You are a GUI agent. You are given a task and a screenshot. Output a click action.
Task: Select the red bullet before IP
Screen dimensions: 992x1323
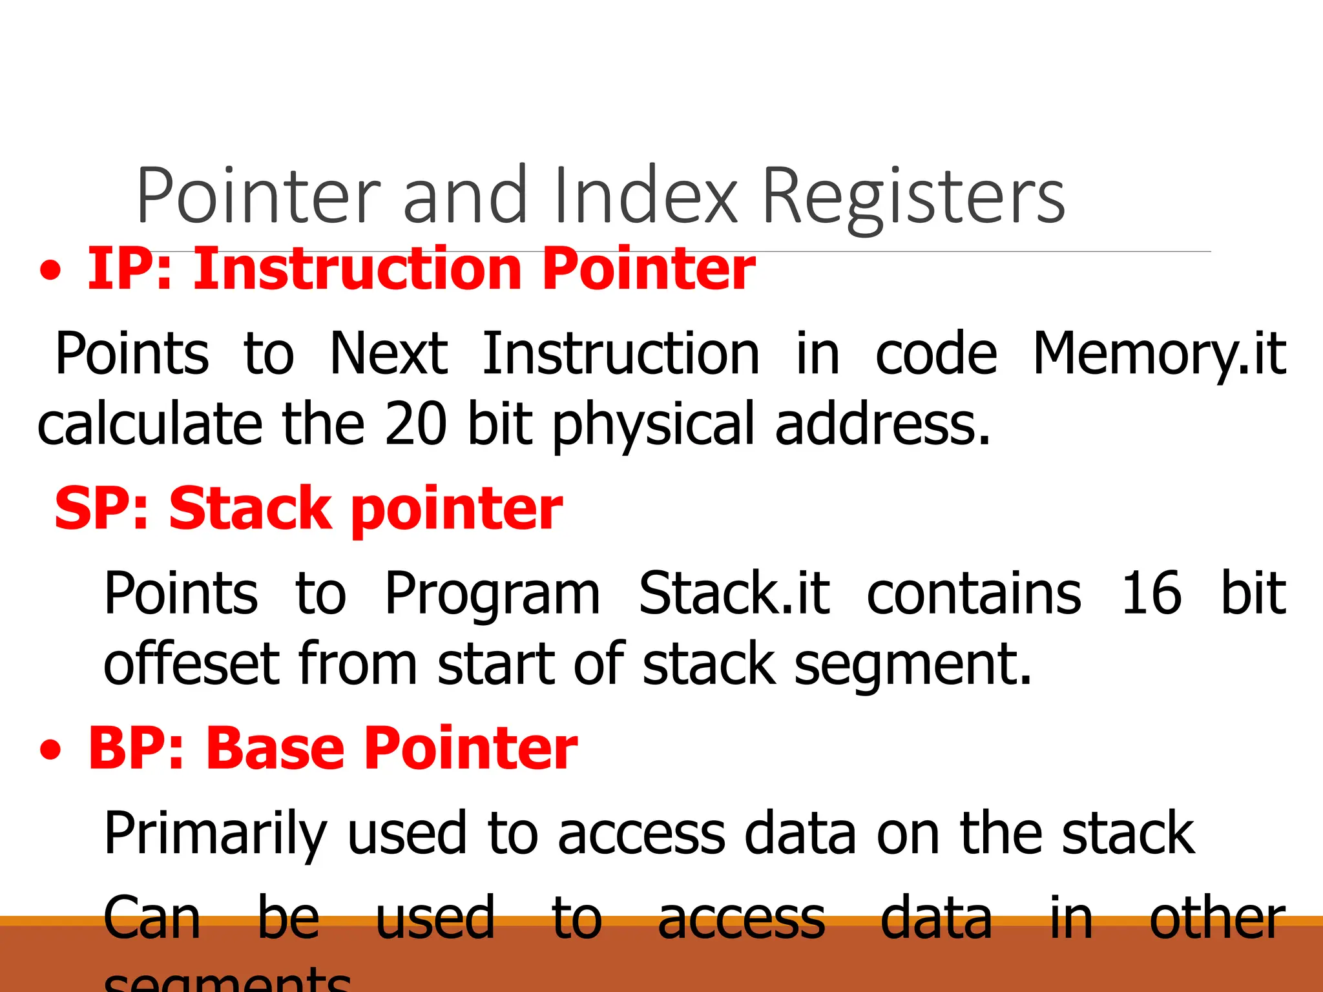(x=51, y=271)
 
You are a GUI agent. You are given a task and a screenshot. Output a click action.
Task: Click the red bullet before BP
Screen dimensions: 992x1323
(x=51, y=750)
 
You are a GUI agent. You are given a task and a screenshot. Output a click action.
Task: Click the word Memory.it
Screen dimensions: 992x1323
(x=1159, y=354)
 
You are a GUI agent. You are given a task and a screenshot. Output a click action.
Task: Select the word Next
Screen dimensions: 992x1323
(x=388, y=354)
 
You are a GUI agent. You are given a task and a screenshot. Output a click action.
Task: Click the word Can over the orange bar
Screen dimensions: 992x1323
(x=152, y=918)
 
